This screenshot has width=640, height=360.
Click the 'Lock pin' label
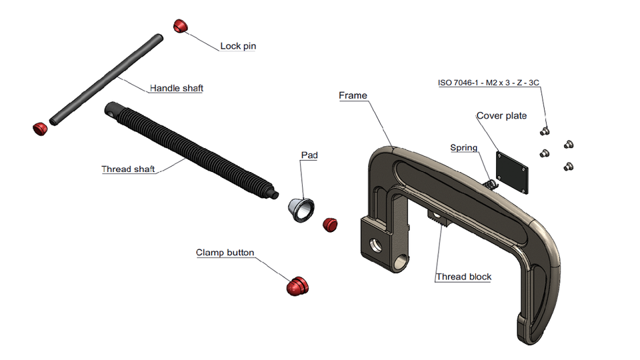point(238,47)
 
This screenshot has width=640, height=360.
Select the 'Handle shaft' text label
point(176,88)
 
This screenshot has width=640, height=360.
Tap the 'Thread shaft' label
point(128,169)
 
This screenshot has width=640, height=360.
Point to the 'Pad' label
point(309,155)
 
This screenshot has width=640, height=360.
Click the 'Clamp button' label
point(225,253)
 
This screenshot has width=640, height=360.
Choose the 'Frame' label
point(353,96)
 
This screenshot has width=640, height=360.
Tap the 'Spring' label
point(463,148)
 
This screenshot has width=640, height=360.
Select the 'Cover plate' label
point(501,116)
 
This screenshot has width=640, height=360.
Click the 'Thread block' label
point(463,277)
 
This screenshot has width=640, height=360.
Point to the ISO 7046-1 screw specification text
point(488,83)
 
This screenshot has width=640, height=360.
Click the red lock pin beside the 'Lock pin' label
point(181,26)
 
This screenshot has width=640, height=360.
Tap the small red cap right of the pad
point(330,224)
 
